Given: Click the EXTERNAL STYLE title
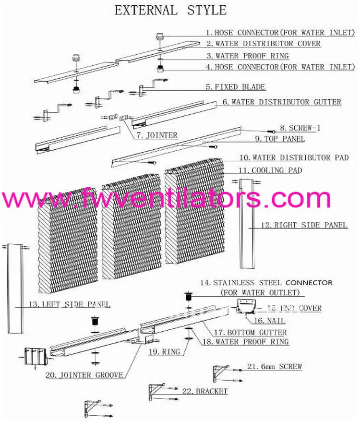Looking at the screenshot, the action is (x=170, y=10).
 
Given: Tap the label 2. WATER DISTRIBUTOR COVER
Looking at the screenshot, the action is (x=264, y=44).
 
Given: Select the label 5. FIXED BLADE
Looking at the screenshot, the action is (x=235, y=87).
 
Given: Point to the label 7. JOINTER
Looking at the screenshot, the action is (x=156, y=135).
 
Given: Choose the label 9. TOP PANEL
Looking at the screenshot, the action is (x=280, y=139).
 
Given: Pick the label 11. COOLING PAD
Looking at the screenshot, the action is (x=270, y=170).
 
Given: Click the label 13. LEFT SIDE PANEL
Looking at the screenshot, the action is (x=70, y=304).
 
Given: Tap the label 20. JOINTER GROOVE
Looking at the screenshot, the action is (x=91, y=375).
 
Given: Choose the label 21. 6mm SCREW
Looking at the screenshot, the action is (x=275, y=367).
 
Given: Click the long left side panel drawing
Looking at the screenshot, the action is (x=14, y=288).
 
